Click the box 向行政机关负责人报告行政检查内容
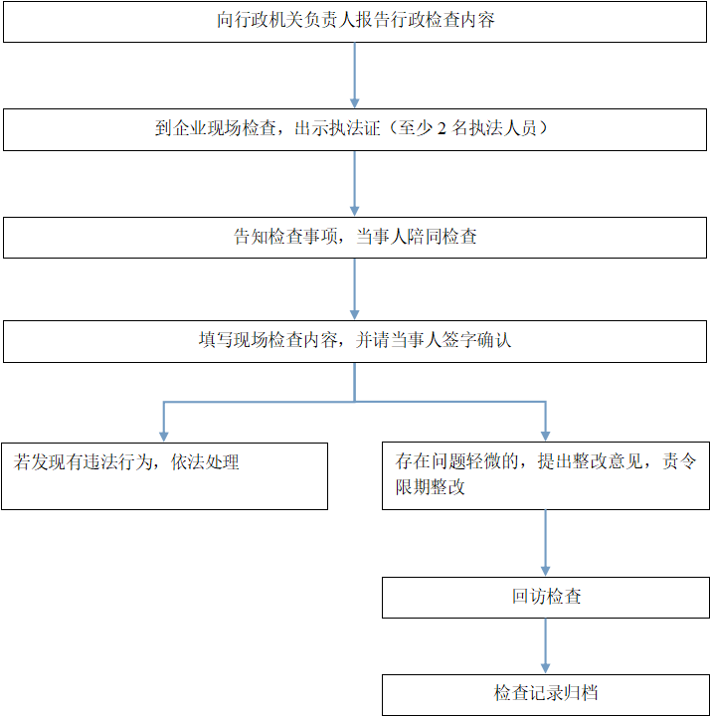click(x=355, y=22)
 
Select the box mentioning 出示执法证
click(x=355, y=129)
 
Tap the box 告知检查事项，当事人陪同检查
click(x=355, y=238)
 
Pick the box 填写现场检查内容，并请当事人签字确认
click(x=355, y=341)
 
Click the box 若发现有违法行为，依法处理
click(x=164, y=476)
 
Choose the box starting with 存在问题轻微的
click(x=546, y=475)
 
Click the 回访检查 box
click(x=546, y=598)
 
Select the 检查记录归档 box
click(x=546, y=695)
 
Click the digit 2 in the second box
click(x=442, y=128)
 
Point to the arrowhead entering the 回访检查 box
click(x=545, y=571)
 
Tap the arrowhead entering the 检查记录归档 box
click(x=545, y=668)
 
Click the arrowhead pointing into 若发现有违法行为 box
click(x=164, y=437)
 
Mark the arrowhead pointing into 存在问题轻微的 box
click(x=545, y=437)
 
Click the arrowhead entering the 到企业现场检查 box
click(x=354, y=103)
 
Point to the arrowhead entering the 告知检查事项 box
click(x=354, y=211)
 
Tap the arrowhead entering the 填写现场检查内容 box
click(x=354, y=314)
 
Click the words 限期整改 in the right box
click(x=431, y=487)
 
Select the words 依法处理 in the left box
click(x=205, y=462)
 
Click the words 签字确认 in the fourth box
click(x=476, y=340)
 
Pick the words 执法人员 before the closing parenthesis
click(x=503, y=128)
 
